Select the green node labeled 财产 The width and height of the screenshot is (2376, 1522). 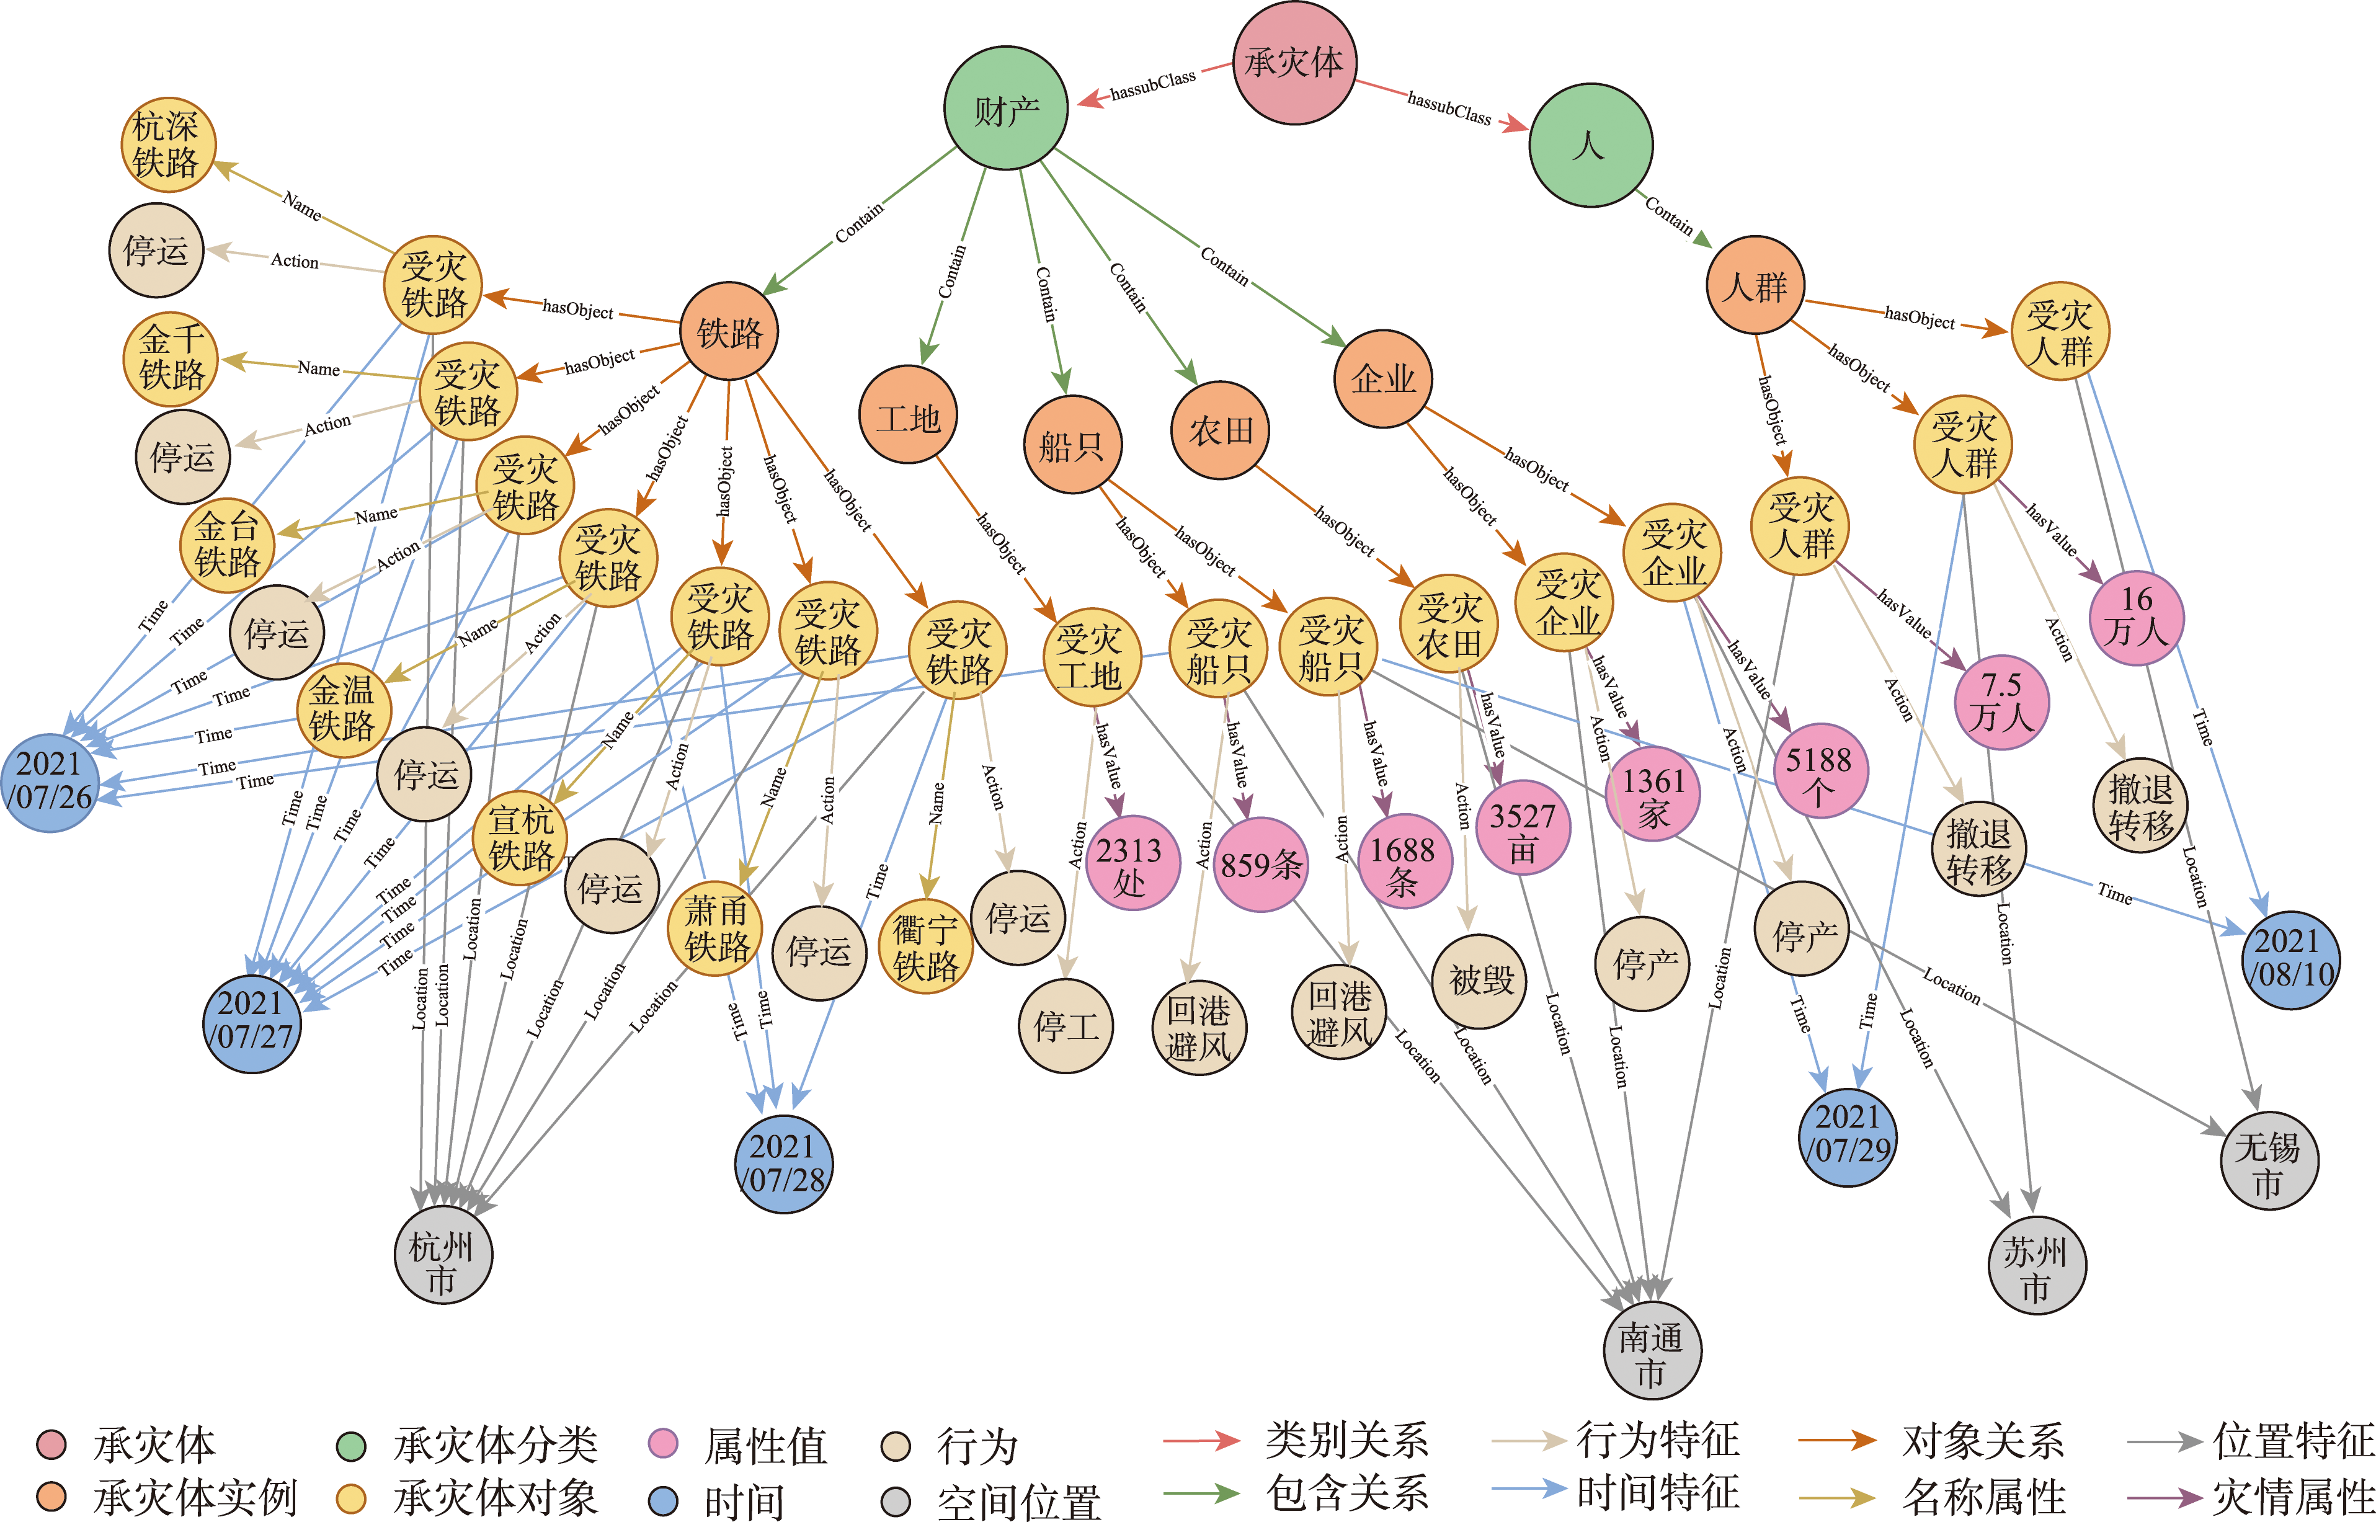[x=1005, y=109]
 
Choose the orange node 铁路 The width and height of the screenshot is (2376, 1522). [x=729, y=331]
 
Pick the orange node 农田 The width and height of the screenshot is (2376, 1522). [x=1219, y=430]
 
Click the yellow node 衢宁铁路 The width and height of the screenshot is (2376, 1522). [x=925, y=947]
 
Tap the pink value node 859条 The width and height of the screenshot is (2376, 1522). [x=1260, y=865]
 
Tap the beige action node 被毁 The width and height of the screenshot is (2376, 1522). [x=1480, y=981]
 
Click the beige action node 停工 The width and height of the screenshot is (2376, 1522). [x=1066, y=1026]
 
